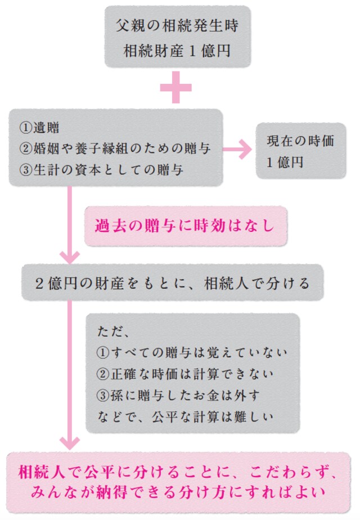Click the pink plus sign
tap(176, 88)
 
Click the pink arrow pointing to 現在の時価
tap(238, 150)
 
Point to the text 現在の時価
tap(300, 141)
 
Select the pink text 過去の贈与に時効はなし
tap(185, 226)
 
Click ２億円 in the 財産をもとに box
tap(56, 283)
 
